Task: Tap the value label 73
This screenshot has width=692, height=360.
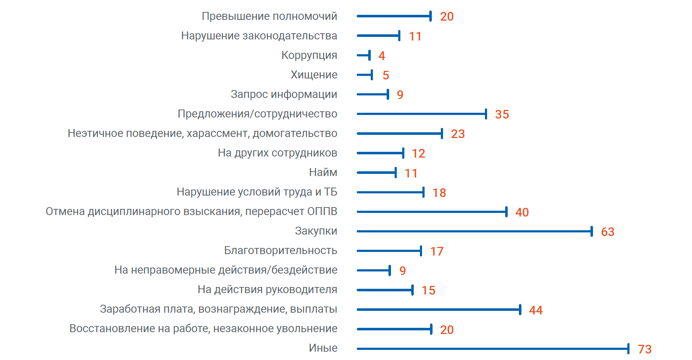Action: coord(644,349)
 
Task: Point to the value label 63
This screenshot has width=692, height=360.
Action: coord(607,232)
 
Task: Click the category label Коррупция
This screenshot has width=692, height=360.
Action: coord(309,55)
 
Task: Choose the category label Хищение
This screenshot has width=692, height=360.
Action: coord(314,75)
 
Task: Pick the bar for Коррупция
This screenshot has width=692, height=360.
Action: coord(363,55)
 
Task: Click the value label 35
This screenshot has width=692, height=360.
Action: coord(502,114)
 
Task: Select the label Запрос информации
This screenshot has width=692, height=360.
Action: coord(284,94)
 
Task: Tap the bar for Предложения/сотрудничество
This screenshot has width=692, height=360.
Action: coord(421,114)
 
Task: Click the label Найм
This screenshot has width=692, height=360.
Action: coord(323,172)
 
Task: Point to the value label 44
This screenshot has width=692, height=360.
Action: coord(536,310)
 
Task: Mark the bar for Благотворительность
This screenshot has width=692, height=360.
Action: coord(389,251)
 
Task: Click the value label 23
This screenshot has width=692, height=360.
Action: coord(458,134)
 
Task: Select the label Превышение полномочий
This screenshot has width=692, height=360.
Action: coord(269,16)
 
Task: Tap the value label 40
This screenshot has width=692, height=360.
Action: coord(522,212)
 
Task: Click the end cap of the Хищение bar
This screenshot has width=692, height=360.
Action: coord(372,75)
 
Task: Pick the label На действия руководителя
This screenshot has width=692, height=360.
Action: coord(267,290)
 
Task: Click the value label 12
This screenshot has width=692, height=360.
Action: coord(418,153)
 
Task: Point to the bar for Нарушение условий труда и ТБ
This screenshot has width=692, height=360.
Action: coord(390,192)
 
